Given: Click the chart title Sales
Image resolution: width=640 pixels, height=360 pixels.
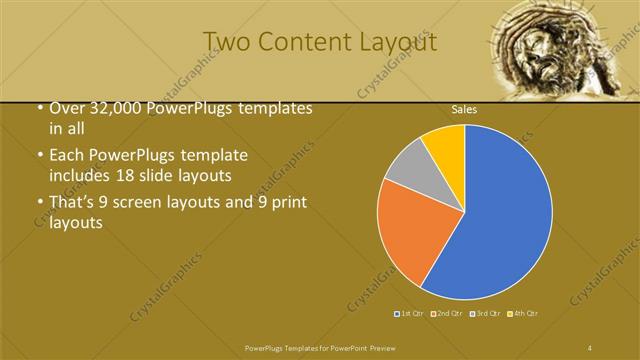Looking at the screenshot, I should [x=464, y=109].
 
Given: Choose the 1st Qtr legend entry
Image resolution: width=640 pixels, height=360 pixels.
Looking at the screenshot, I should [x=410, y=314].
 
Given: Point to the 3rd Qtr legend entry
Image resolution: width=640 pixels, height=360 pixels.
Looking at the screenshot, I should [x=486, y=314].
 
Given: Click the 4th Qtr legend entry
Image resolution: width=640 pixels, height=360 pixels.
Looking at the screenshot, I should [x=524, y=314].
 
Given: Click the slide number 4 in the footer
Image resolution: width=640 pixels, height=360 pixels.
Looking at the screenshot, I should [x=590, y=347].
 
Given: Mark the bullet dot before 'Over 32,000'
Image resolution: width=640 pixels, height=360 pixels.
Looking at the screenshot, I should [x=39, y=109].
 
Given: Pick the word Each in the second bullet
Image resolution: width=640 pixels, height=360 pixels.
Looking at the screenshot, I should [x=67, y=156].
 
